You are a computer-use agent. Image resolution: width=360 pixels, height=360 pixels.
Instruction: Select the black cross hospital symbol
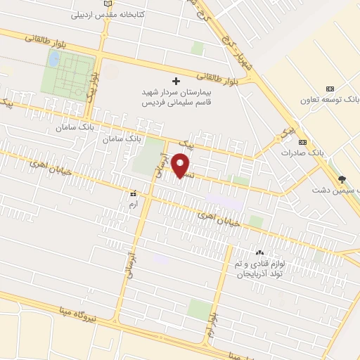pyautogui.click(x=176, y=81)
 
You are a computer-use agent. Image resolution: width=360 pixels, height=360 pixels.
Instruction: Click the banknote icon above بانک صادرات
pyautogui.click(x=302, y=141)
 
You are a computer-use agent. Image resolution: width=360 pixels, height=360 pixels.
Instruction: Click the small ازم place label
pyautogui.click(x=131, y=203)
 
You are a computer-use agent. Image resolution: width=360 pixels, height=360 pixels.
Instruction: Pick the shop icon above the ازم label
pyautogui.click(x=132, y=192)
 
